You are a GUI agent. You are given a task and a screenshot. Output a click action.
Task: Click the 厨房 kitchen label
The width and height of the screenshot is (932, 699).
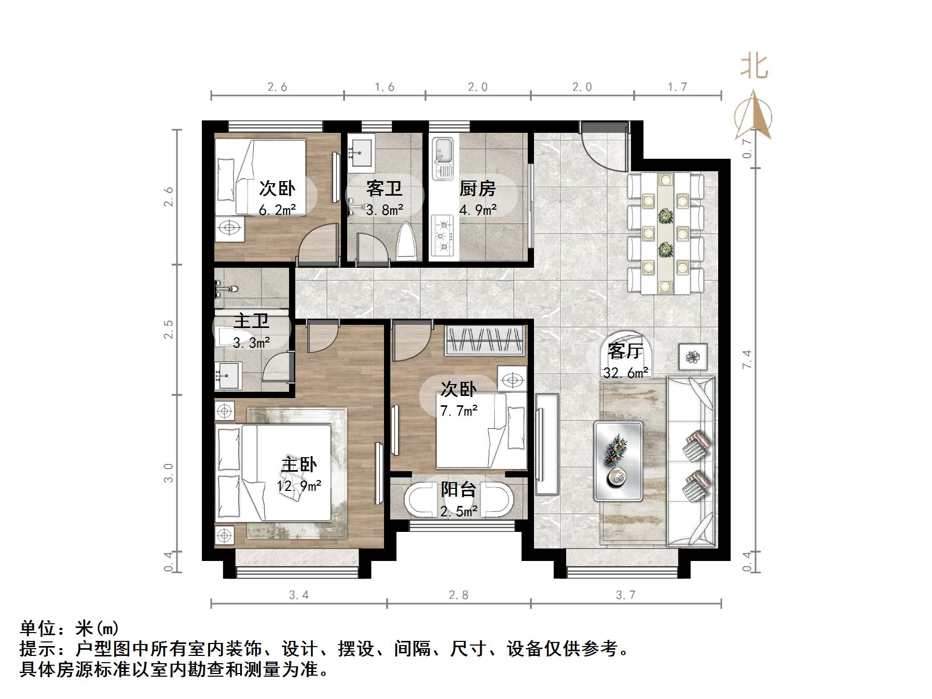(477, 188)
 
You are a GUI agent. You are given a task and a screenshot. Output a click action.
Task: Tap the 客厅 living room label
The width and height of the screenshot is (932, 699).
(625, 351)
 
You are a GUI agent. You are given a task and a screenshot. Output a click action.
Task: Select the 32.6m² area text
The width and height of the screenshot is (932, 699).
(625, 373)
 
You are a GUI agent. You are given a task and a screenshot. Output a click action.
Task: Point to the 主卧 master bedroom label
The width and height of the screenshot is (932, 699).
(299, 464)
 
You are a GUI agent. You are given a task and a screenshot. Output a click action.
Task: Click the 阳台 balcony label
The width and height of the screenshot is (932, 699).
(459, 489)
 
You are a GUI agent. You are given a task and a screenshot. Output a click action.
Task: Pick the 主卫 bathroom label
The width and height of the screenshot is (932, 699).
(252, 321)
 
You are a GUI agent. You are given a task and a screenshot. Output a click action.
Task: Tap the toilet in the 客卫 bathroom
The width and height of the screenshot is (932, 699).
(407, 242)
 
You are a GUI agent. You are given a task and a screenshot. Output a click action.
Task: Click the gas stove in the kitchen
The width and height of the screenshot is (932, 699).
(443, 236)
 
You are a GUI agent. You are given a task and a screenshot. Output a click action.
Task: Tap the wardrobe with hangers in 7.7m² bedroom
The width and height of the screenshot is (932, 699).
(484, 340)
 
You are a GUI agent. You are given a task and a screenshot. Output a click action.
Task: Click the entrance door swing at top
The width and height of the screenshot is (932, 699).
(605, 147)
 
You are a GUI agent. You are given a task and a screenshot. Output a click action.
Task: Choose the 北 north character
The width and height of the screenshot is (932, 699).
(754, 67)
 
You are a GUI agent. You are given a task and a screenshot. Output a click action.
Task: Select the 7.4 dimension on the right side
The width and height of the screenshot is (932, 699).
(747, 359)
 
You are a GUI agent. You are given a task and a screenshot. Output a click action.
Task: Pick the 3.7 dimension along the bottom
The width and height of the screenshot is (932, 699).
(625, 595)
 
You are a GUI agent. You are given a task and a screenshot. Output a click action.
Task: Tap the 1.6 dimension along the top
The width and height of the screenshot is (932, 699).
(385, 87)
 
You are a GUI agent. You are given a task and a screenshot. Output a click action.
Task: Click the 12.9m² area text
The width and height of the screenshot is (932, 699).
(299, 486)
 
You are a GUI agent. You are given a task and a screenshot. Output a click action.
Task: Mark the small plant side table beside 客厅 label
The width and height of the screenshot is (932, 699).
(693, 357)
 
